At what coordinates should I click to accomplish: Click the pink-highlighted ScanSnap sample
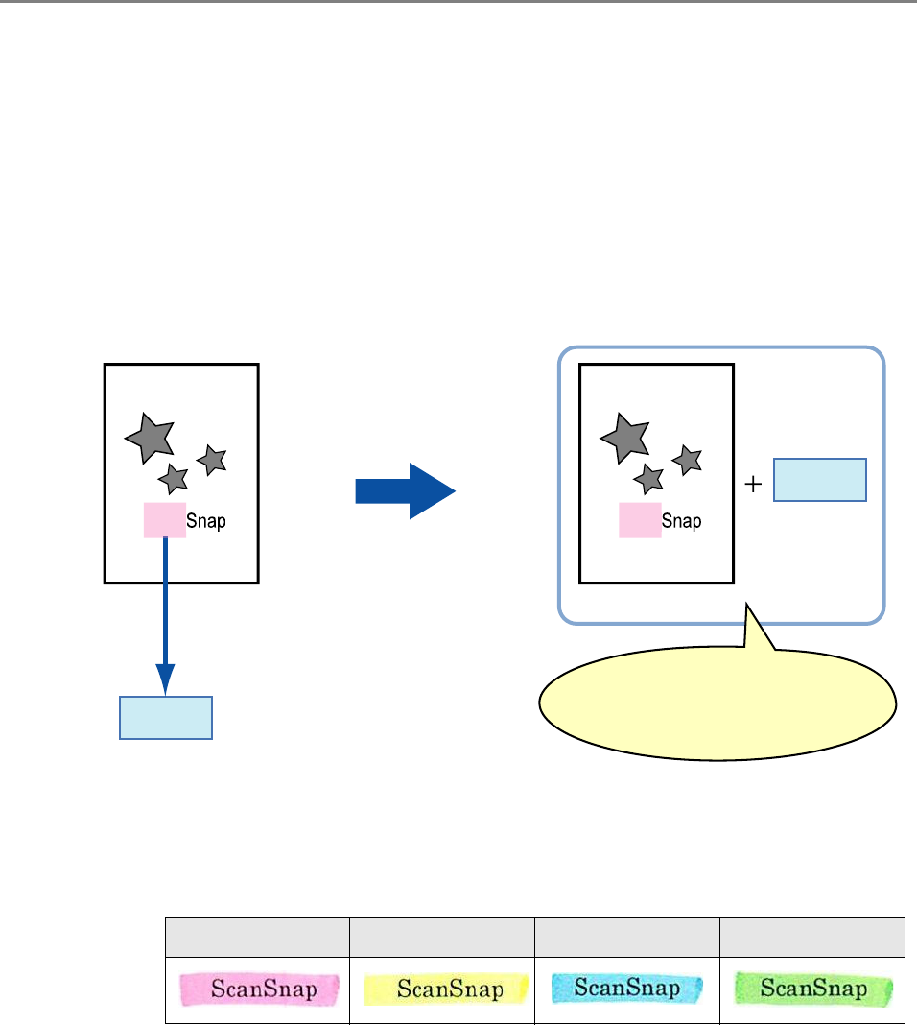257,989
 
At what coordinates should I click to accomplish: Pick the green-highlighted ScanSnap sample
813,989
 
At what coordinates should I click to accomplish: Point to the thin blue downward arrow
165,614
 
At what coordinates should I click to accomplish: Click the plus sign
754,485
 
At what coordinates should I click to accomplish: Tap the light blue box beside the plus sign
820,480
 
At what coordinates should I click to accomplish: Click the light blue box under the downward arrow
165,718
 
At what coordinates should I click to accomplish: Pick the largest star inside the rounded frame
625,438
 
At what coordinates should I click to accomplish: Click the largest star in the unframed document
151,438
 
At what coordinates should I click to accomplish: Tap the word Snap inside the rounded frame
682,521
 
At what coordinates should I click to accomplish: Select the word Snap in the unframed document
207,521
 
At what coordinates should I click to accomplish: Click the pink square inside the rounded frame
639,519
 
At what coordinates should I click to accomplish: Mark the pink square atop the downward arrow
164,519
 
